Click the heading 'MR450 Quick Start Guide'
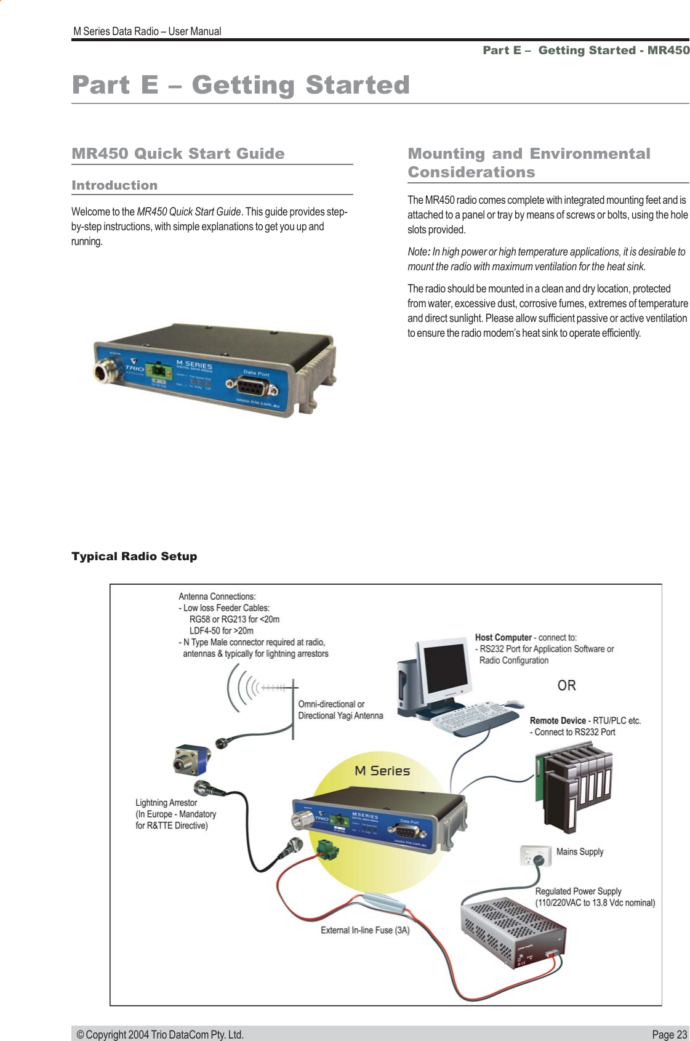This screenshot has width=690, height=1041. pos(178,153)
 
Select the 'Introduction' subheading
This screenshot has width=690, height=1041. pos(114,185)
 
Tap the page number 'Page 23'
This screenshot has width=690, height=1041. pos(669,1034)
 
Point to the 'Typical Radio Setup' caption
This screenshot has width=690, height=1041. pos(134,557)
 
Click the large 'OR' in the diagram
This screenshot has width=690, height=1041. pos(566,685)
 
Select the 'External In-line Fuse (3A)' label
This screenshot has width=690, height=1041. pos(365,930)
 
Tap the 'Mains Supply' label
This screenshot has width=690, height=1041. pos(580,852)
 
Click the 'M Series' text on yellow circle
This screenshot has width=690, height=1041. pos(382,771)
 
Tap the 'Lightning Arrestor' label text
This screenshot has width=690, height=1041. pos(166,803)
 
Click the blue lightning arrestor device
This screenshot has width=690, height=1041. pos(191,760)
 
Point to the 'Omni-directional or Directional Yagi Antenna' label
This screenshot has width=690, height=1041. pos(340,710)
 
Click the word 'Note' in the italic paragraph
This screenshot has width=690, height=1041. pos(417,252)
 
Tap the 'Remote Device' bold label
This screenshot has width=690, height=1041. pos(558,721)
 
